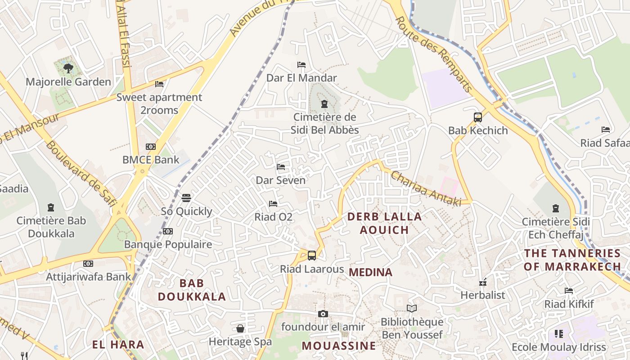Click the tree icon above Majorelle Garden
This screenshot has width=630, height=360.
pos(68,68)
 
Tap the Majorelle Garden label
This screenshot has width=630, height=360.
pos(68,82)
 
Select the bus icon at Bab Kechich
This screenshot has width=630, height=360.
pos(477,117)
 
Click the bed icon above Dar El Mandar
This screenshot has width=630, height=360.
pos(301,65)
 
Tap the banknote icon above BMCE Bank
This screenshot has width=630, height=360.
pos(151,147)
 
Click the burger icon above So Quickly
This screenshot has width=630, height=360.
pos(186,198)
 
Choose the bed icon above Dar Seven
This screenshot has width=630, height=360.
pos(281,167)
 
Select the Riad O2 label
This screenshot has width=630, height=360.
pos(273,217)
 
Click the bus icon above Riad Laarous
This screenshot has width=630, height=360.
pos(311,256)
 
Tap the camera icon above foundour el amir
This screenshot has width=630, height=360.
pos(323,314)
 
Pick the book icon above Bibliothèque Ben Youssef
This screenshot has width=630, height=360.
pos(412,308)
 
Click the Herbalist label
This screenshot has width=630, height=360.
pos(482,295)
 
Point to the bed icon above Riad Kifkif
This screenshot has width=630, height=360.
pos(569,291)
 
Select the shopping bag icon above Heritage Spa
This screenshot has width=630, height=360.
pos(240,328)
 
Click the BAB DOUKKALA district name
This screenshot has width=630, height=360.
pos(192,290)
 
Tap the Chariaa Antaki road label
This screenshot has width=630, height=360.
pos(425,189)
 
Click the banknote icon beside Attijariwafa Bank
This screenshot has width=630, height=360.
pos(88,264)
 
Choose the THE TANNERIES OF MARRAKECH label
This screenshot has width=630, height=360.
pos(572,260)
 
